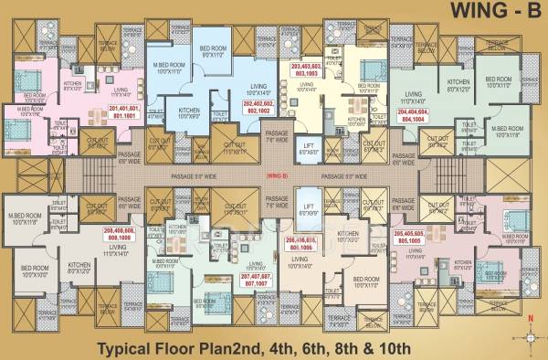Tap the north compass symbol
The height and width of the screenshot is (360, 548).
pyautogui.click(x=529, y=329)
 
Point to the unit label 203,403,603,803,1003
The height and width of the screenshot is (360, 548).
pyautogui.click(x=306, y=70)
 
